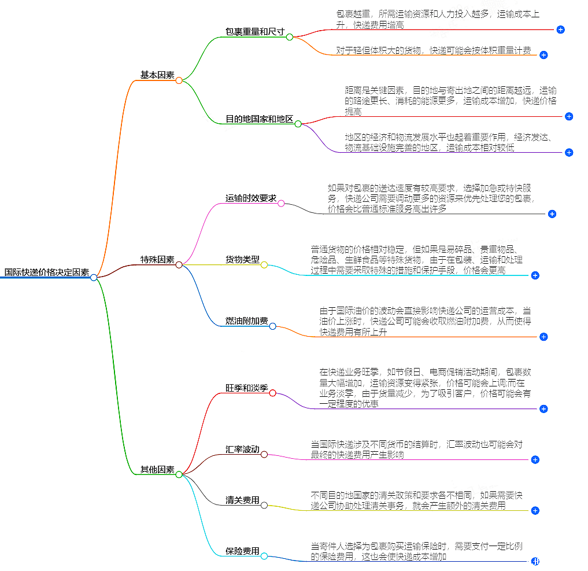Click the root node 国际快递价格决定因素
point(46,272)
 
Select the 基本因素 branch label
point(157,75)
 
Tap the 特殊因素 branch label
point(157,260)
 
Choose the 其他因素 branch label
point(157,469)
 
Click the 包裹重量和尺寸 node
point(254,32)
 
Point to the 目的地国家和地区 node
point(258,119)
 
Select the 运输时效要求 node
point(250,198)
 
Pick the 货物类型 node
point(242,260)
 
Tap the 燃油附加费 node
point(246,321)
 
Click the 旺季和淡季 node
point(246,388)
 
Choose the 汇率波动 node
point(242,450)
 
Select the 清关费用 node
point(242,500)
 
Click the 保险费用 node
point(242,551)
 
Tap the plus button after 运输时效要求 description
point(552,214)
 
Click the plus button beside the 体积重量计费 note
point(543,55)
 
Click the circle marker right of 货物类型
point(264,265)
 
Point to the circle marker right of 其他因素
point(179,474)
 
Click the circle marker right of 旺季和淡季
point(273,393)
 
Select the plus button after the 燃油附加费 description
point(543,337)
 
